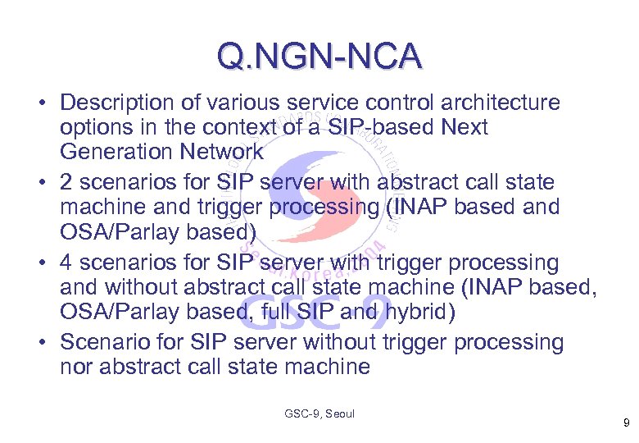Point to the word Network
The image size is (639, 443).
pyautogui.click(x=223, y=153)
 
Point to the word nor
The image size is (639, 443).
pyautogui.click(x=77, y=367)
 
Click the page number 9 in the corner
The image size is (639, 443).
pyautogui.click(x=625, y=422)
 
